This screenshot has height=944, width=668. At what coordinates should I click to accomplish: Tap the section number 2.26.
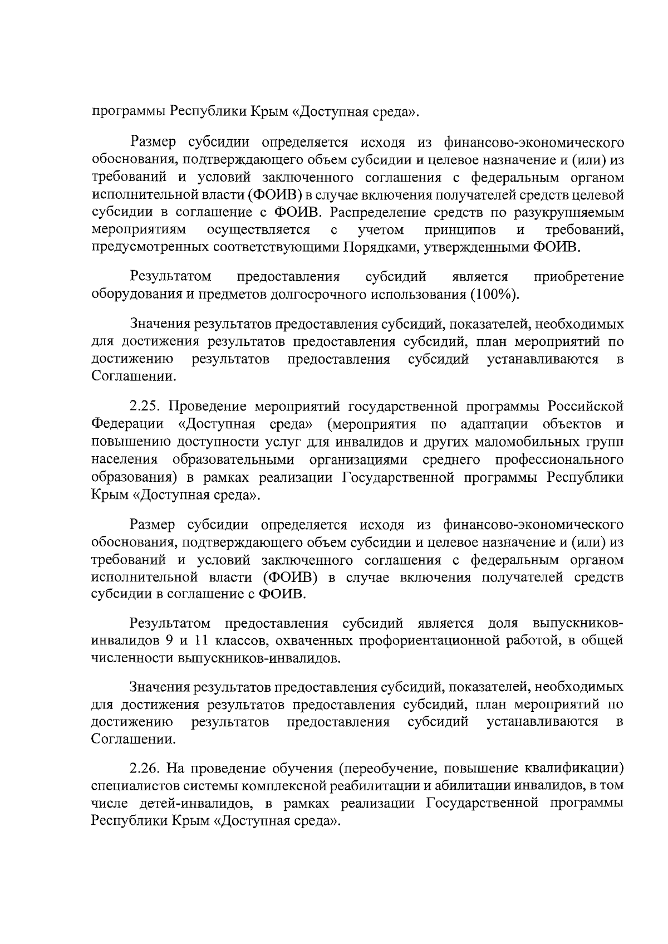coord(146,769)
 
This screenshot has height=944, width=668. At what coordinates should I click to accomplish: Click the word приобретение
coord(578,277)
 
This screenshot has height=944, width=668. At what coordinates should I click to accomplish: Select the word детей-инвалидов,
coord(183,803)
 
